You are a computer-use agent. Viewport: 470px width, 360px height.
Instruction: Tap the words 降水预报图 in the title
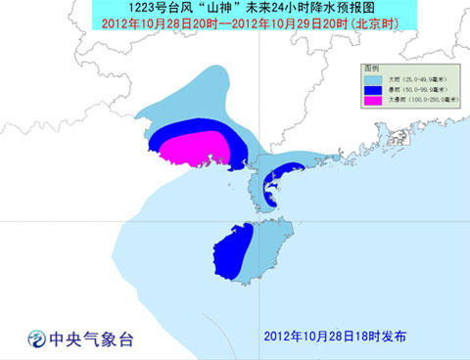pos(303,8)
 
